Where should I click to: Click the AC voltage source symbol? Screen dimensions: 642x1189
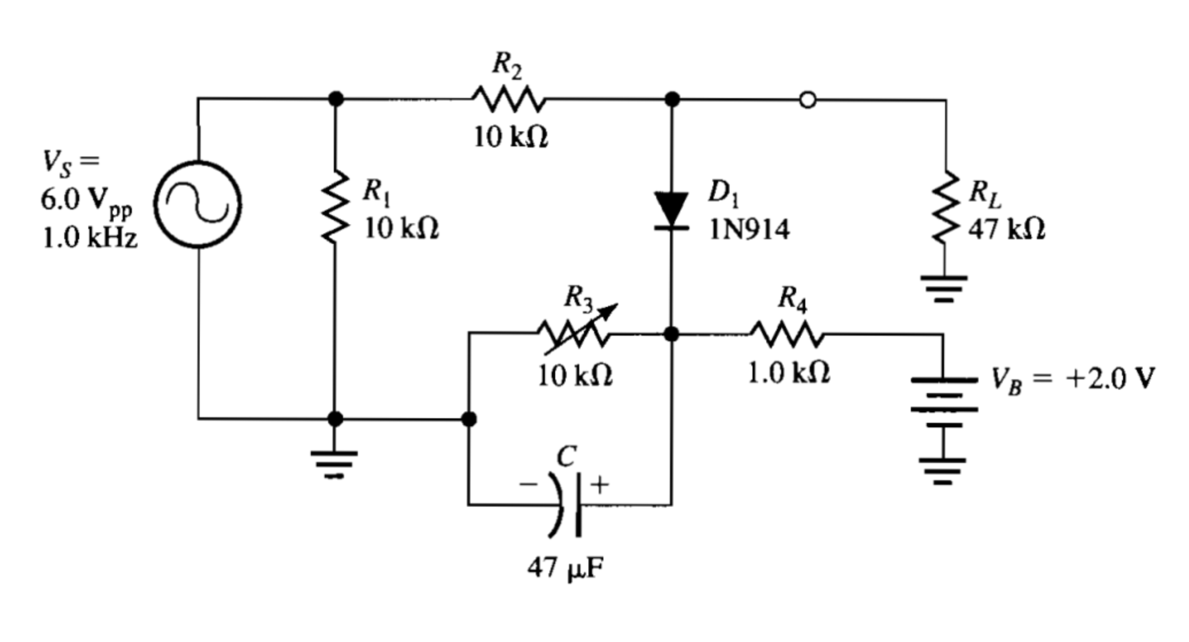coord(198,205)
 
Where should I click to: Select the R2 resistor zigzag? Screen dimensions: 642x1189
coord(509,100)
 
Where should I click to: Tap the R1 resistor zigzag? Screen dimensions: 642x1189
coord(335,205)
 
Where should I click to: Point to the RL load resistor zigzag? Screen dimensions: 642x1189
coord(945,207)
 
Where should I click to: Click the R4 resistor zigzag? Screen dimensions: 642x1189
coord(786,334)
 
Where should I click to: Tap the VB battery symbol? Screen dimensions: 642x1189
coord(944,402)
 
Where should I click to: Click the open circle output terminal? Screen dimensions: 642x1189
coord(807,100)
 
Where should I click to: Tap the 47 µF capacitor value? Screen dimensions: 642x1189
coord(566,568)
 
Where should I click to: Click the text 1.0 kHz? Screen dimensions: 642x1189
coord(90,238)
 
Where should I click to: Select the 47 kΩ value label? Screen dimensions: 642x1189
coord(1007,229)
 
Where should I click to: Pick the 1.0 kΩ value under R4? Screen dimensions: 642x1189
coord(789,373)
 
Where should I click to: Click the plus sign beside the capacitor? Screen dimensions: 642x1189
coord(600,485)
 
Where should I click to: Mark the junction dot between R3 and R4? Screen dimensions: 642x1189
coord(671,334)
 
